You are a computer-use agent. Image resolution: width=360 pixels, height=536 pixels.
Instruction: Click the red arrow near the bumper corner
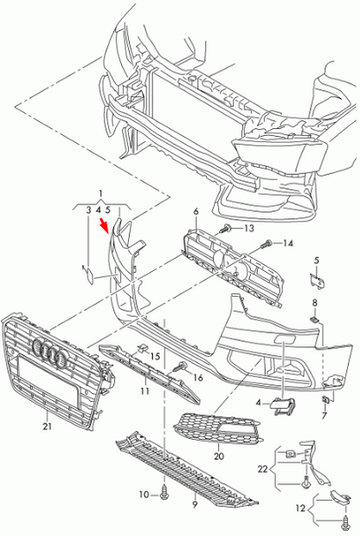106,227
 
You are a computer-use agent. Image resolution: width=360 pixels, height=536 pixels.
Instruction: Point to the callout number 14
289,242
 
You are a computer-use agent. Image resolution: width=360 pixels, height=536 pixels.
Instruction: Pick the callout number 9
195,504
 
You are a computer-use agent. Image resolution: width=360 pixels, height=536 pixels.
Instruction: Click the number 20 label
218,455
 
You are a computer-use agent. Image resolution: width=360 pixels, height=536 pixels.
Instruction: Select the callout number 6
196,211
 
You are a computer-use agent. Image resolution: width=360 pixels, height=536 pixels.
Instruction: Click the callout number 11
144,391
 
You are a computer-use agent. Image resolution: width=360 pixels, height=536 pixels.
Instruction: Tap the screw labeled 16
182,367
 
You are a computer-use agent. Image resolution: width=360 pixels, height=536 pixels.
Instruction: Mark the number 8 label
316,302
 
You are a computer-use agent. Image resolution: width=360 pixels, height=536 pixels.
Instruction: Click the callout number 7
324,416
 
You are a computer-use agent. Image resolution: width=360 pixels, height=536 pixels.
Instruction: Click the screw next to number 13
226,229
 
